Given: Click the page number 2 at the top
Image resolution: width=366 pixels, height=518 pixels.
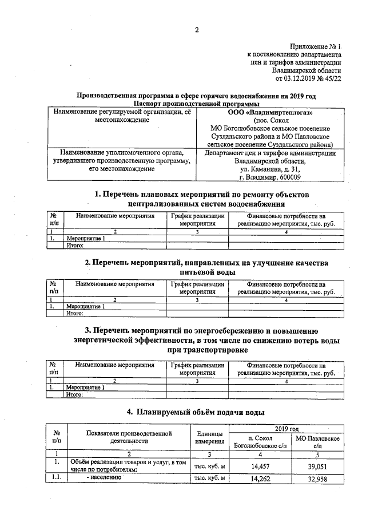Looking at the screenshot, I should [x=196, y=30].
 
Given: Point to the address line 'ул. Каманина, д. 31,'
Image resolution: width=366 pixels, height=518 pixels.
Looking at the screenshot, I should [x=269, y=169].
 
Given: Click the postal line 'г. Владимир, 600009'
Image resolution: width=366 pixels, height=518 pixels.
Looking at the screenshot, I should [x=269, y=178].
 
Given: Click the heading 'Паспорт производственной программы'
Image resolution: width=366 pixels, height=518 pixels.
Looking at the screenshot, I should [x=196, y=104].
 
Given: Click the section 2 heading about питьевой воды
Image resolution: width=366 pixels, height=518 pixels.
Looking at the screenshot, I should [x=206, y=267].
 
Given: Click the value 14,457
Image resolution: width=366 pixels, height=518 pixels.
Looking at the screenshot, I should [x=260, y=466].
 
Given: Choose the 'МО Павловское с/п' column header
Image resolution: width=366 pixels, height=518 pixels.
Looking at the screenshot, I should [x=319, y=441].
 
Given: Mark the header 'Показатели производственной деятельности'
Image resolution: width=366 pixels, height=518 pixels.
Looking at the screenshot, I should [x=122, y=437].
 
